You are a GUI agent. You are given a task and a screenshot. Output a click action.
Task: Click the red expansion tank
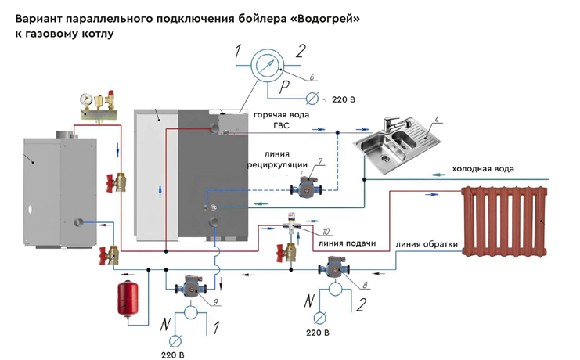(x=128, y=299)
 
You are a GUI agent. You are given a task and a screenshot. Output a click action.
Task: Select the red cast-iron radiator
(x=505, y=221)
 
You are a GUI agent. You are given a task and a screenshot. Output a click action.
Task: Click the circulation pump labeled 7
(x=306, y=187)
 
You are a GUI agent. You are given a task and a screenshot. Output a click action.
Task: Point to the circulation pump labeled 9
(x=190, y=286)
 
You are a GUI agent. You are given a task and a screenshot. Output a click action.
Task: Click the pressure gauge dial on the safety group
(x=86, y=99)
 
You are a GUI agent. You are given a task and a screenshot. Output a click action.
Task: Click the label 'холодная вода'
(x=483, y=169)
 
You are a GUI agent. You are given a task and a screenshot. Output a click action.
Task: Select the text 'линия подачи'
(x=347, y=243)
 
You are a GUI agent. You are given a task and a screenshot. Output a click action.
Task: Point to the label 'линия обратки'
(x=427, y=244)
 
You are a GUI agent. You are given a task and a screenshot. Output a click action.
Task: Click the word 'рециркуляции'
(x=277, y=165)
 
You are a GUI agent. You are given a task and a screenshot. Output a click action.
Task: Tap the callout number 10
(x=326, y=232)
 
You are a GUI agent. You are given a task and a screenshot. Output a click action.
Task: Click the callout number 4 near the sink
(x=436, y=120)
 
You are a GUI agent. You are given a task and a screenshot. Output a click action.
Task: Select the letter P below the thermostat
(x=284, y=88)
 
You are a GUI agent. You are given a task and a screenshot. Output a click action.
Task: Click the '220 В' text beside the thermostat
(x=344, y=99)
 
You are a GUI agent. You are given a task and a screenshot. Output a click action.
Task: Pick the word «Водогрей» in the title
(x=323, y=19)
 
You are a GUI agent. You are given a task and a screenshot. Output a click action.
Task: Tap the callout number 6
(x=312, y=77)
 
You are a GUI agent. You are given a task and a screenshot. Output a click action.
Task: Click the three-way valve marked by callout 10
(x=292, y=224)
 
